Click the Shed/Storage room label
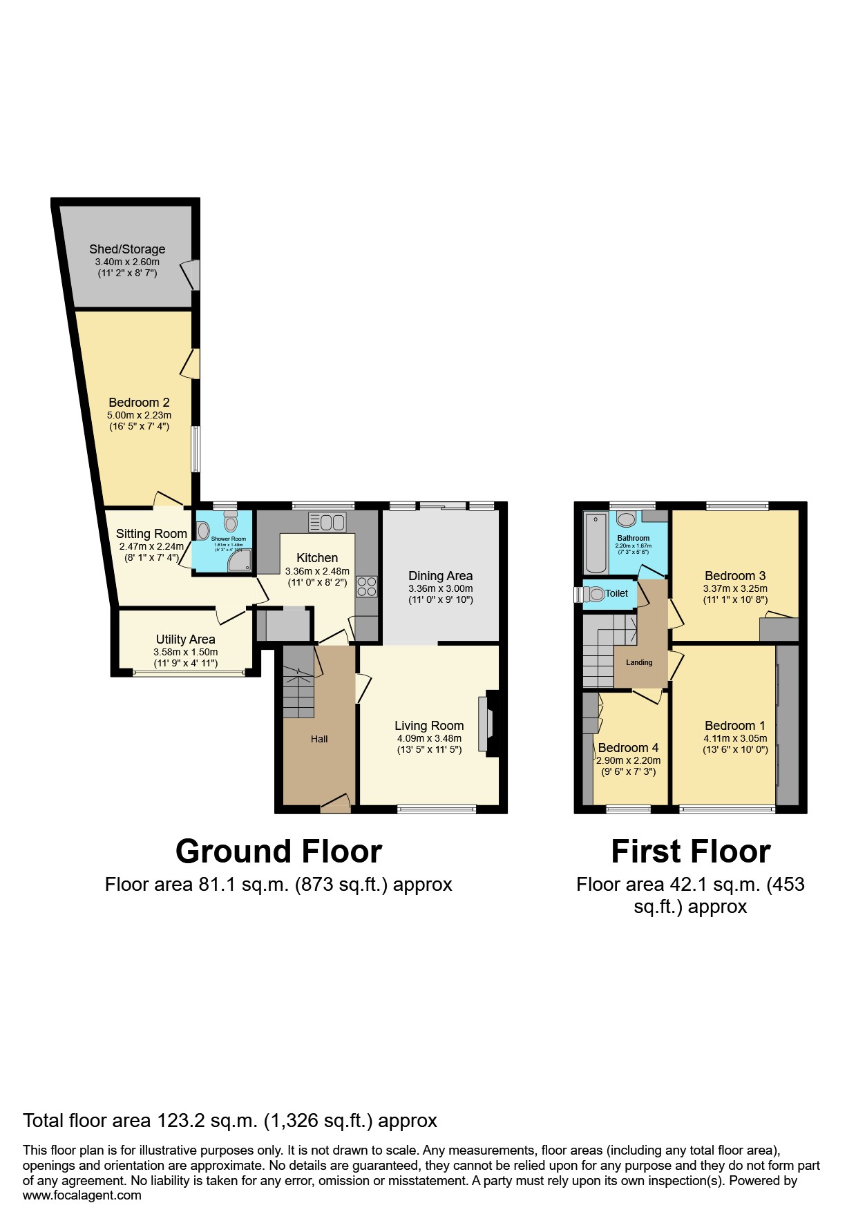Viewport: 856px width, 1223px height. (x=127, y=249)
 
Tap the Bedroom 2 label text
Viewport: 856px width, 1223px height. (x=139, y=403)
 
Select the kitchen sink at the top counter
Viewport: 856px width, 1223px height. (x=327, y=522)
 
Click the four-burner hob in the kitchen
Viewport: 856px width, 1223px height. (x=367, y=586)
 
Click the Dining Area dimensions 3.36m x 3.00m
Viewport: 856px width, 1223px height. (x=440, y=588)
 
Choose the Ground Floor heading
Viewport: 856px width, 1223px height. (x=278, y=851)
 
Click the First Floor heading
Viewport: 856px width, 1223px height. (x=690, y=851)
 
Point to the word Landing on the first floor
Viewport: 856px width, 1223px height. (x=639, y=662)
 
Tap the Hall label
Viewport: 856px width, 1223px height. (x=319, y=739)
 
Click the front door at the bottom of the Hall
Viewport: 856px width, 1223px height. (x=335, y=803)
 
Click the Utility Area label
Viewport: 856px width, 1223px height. (x=185, y=639)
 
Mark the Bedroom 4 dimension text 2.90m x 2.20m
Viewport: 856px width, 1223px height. (x=628, y=760)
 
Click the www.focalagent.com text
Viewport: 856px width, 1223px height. (x=82, y=1195)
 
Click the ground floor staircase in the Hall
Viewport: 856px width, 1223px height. (x=298, y=687)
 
